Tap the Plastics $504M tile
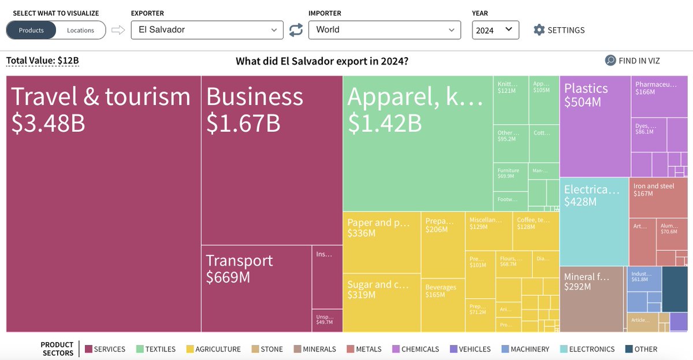coord(594,126)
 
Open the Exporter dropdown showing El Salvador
coord(207,29)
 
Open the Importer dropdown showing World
coord(384,29)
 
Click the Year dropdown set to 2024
coord(495,30)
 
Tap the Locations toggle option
coord(80,30)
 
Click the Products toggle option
coord(31,30)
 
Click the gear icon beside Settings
coord(539,30)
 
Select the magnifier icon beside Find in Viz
coord(610,61)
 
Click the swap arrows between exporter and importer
coord(296,30)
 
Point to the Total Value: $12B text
coord(42,60)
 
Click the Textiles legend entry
coord(155,349)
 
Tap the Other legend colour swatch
coord(628,349)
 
